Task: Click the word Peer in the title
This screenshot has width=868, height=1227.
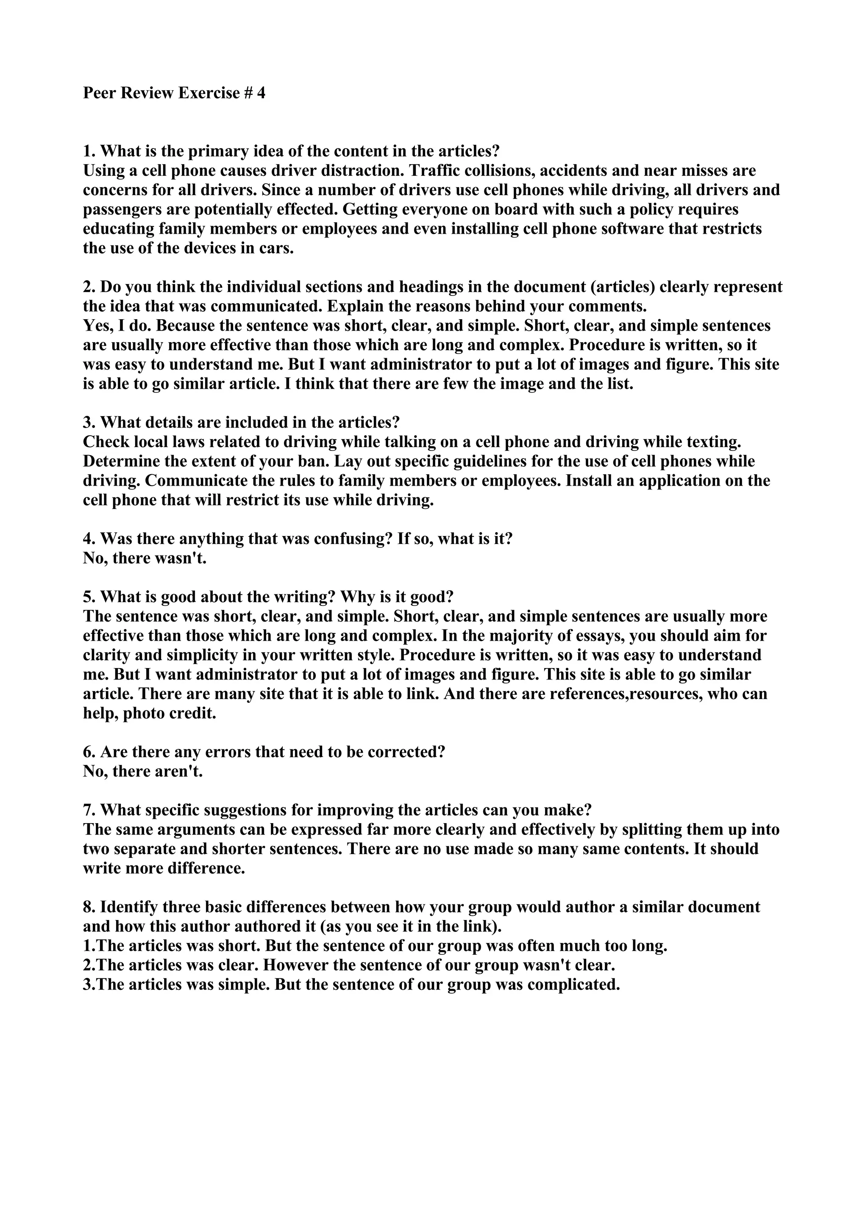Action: tap(100, 94)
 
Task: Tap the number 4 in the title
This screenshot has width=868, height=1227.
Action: tap(261, 94)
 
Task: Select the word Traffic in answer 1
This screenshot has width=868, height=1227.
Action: tap(435, 171)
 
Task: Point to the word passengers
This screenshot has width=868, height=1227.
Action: tap(120, 210)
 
